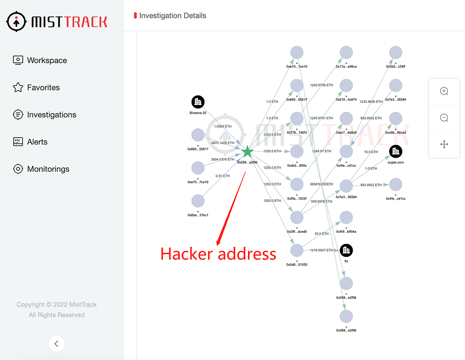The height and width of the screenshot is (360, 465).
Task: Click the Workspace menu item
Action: (x=47, y=60)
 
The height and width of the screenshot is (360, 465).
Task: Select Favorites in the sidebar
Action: (x=43, y=88)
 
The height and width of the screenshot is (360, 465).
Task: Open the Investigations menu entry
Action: (x=51, y=115)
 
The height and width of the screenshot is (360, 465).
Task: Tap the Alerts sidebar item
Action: (x=37, y=142)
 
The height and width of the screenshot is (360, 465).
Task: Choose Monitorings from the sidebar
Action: (x=48, y=169)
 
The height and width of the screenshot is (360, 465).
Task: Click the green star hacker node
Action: (x=247, y=152)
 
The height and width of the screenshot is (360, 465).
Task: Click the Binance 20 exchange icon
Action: (x=198, y=102)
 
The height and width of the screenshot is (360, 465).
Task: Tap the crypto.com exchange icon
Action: (x=396, y=151)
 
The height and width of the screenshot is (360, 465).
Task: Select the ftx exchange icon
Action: (x=346, y=250)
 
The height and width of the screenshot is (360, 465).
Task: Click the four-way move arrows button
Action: (x=444, y=144)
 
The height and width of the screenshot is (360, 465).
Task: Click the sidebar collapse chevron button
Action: (x=56, y=344)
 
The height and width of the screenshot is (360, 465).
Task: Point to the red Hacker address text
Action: (x=218, y=254)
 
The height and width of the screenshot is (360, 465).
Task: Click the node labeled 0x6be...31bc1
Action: (x=198, y=201)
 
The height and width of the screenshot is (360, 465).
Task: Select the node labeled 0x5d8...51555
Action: (x=297, y=250)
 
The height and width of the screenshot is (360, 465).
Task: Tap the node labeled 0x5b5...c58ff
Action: (x=396, y=53)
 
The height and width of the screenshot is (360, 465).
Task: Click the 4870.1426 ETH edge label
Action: (x=223, y=143)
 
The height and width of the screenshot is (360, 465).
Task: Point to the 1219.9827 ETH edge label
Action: (x=322, y=250)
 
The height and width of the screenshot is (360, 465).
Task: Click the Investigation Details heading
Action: (x=173, y=16)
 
